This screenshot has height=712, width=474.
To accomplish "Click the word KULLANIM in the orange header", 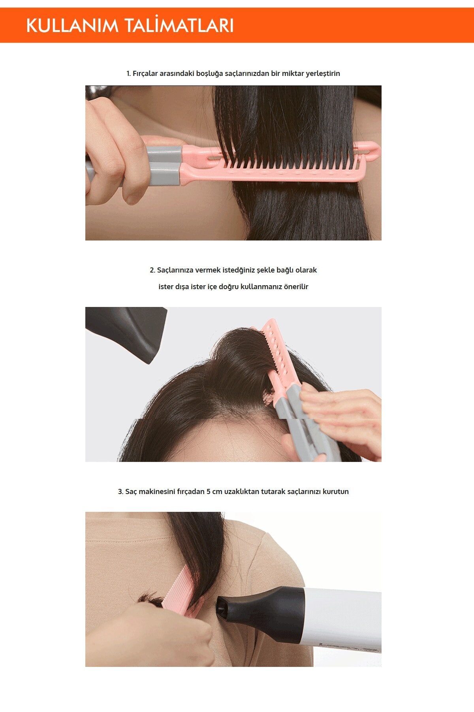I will [x=72, y=26].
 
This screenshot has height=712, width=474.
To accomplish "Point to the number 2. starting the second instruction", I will [x=152, y=270].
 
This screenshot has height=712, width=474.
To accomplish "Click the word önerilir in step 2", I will [x=296, y=287].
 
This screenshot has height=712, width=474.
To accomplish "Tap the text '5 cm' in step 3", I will [x=214, y=492].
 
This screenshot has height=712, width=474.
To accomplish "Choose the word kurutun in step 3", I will [x=335, y=492].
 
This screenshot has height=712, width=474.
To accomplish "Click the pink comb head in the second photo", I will [x=276, y=356].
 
